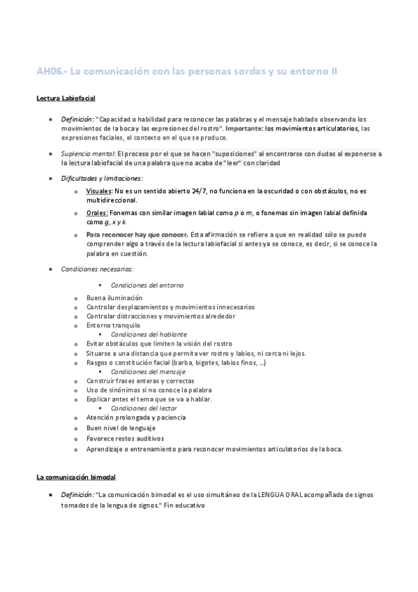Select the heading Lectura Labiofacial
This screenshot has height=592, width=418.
[x=66, y=98]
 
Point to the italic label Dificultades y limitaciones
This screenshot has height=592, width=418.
[x=101, y=178]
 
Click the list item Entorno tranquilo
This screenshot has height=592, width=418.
[x=113, y=325]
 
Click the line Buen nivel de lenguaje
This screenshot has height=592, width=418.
[x=121, y=427]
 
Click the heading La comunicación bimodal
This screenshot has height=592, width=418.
[x=76, y=477]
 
